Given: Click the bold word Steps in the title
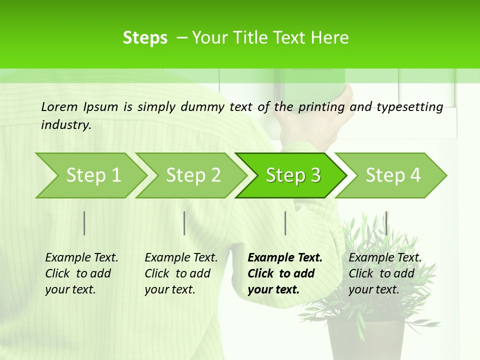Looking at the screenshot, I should pyautogui.click(x=145, y=38).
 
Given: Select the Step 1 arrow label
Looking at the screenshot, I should pyautogui.click(x=93, y=175).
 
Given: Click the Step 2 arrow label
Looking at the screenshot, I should pyautogui.click(x=193, y=175).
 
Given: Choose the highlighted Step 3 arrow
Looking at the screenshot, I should pyautogui.click(x=293, y=175).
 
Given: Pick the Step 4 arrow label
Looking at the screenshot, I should pyautogui.click(x=393, y=175).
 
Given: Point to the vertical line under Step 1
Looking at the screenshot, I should pyautogui.click(x=84, y=223).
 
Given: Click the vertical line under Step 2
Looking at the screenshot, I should pyautogui.click(x=184, y=223).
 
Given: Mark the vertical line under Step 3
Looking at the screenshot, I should pyautogui.click(x=285, y=223).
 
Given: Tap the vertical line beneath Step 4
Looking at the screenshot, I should pyautogui.click(x=386, y=223).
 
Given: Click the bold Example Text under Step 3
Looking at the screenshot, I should pyautogui.click(x=285, y=257).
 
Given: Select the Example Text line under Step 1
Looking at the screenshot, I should pyautogui.click(x=81, y=257).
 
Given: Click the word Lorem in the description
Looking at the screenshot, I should pyautogui.click(x=59, y=106).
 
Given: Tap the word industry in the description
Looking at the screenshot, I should pyautogui.click(x=65, y=124).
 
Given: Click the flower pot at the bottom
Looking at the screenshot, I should pyautogui.click(x=366, y=340).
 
